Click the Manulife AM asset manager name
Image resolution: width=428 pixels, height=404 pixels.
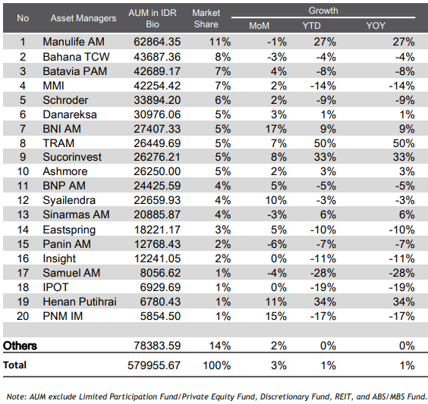[x=74, y=42]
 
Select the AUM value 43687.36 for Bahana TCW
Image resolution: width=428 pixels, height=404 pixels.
[x=157, y=57]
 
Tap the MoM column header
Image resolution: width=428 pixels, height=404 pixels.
[x=259, y=26]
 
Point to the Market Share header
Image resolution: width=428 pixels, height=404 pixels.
[x=206, y=18]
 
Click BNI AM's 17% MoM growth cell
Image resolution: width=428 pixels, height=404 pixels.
[x=276, y=129]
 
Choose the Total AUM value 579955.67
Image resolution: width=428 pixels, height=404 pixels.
[x=154, y=365]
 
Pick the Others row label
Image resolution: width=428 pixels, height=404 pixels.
[x=20, y=346]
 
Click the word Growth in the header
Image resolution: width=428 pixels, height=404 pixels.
[x=323, y=11]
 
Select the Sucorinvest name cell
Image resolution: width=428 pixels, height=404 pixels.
[x=72, y=157]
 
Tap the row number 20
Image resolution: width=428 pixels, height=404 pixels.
[x=23, y=316]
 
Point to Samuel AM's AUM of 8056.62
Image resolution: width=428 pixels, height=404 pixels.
[x=160, y=273]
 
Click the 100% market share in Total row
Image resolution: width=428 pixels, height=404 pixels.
[x=217, y=365]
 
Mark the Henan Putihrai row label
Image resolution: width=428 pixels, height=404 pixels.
[x=80, y=302]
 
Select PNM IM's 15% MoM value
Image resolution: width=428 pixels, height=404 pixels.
[x=276, y=316]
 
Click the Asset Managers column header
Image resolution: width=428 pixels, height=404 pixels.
[x=83, y=18]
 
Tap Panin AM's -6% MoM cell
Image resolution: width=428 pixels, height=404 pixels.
[x=277, y=244]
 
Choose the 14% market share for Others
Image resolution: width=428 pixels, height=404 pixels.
[x=220, y=346]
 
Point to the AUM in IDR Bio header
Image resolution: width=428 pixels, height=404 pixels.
[x=153, y=18]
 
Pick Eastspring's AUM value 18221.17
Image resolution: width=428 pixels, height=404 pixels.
[x=157, y=230]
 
